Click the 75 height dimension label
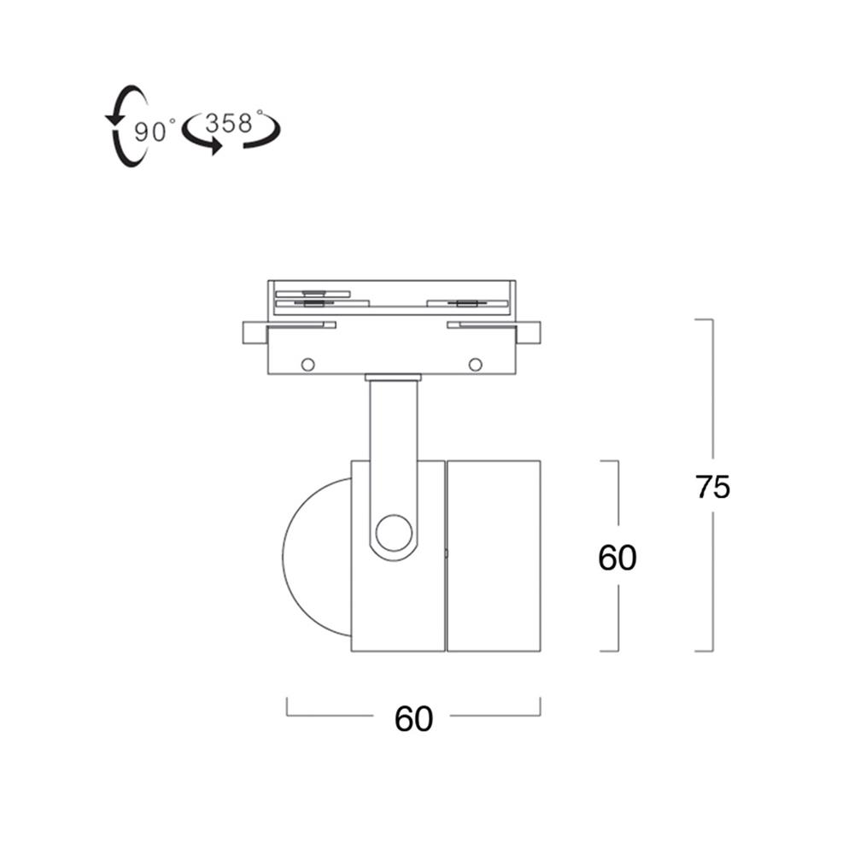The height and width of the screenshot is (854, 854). point(712,487)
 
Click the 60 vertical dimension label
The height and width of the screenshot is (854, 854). point(617,557)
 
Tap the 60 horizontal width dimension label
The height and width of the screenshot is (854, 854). point(413,718)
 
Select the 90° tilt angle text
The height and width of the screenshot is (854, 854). point(155,132)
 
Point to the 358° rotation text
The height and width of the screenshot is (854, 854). point(232,122)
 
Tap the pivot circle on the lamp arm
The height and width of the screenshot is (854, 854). point(394,533)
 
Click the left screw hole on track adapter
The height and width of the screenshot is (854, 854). point(307,365)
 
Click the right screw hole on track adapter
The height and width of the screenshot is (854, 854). point(476,365)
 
